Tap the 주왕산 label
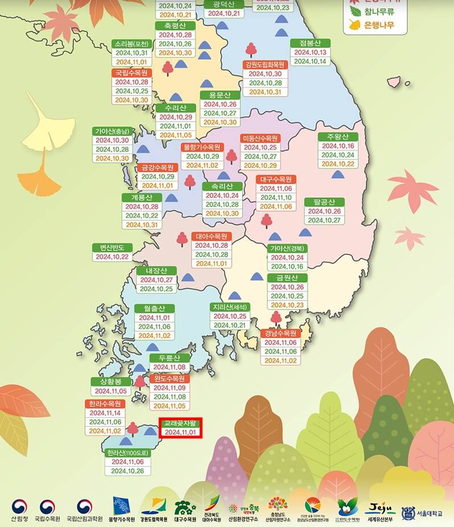click(338, 137)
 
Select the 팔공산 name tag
click(324, 201)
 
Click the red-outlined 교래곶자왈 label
click(180, 423)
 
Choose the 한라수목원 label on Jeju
click(104, 404)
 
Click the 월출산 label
click(154, 308)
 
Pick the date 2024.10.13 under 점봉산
click(310, 52)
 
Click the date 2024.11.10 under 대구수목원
click(276, 197)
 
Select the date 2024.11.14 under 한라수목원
click(105, 413)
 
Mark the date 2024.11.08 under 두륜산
click(169, 367)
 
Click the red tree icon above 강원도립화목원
click(251, 50)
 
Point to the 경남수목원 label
click(280, 333)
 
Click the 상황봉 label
click(111, 381)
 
